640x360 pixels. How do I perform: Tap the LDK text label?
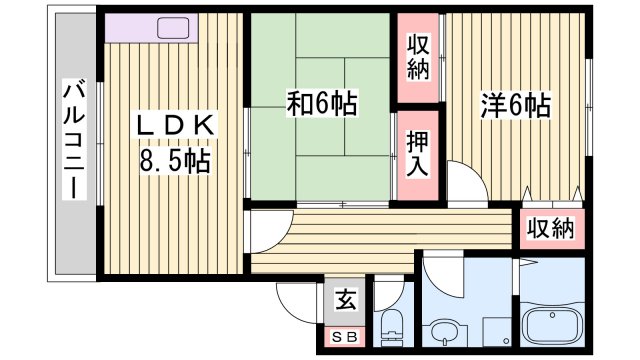[176, 128]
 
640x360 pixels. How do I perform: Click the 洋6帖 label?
[515, 102]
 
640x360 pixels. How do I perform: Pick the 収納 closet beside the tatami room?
[419, 58]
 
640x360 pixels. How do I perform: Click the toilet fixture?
[392, 329]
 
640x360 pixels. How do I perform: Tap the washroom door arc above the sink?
[440, 271]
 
